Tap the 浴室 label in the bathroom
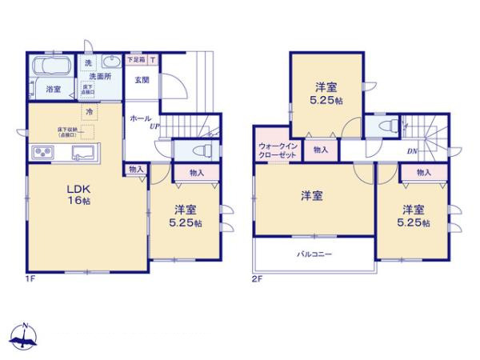53,90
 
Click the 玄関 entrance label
142,78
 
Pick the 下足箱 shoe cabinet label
137,59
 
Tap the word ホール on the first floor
140,118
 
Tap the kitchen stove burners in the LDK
41,153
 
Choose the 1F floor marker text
29,279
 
